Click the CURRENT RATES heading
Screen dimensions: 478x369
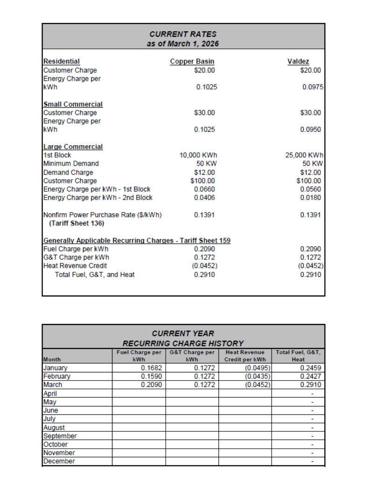coord(183,34)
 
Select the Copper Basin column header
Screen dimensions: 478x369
coord(192,61)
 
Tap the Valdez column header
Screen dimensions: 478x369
coord(299,61)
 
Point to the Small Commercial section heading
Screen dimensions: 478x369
coord(73,104)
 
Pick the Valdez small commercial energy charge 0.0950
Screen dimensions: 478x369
coord(311,129)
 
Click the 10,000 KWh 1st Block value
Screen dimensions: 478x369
coord(198,155)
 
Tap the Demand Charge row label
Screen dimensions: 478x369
coord(68,172)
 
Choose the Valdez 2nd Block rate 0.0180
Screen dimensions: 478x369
coord(311,197)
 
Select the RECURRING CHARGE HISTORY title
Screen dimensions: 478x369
coord(183,343)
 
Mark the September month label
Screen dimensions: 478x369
coord(60,436)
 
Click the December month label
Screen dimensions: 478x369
coord(59,461)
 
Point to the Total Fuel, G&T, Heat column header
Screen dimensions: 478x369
coord(298,356)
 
